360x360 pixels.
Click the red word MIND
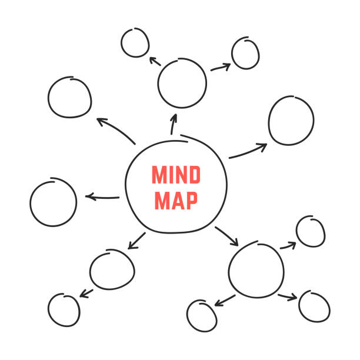[x=176, y=175]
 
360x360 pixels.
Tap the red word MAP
[x=176, y=200]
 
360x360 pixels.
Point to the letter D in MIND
[x=195, y=175]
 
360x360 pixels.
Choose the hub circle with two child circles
[x=182, y=83]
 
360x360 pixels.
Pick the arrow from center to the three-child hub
[x=226, y=235]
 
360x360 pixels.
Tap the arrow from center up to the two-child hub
[x=174, y=124]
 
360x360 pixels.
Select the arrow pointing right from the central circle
[x=248, y=151]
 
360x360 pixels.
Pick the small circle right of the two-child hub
[x=245, y=53]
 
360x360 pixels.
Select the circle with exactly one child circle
[x=112, y=269]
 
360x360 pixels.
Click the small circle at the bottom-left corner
[x=64, y=309]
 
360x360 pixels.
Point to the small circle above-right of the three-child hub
[x=310, y=231]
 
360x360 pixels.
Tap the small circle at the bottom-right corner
[x=314, y=305]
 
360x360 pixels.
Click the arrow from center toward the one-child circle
[x=136, y=239]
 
